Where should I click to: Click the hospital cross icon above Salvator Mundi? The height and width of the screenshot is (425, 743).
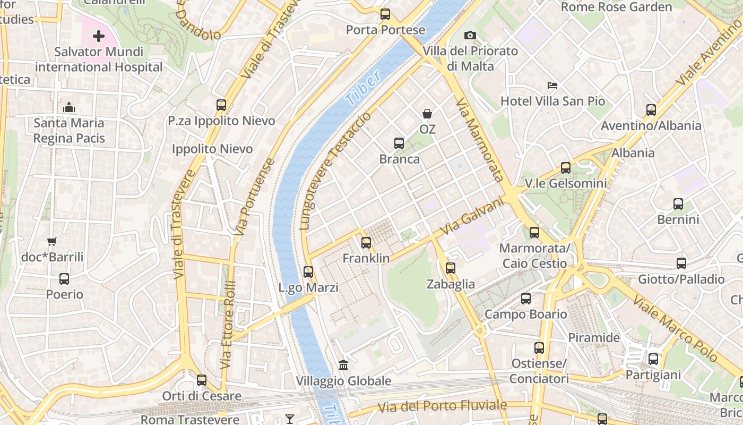(x=99, y=36)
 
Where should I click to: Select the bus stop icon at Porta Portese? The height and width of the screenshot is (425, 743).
(x=385, y=14)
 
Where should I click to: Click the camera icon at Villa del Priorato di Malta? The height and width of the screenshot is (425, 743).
(x=470, y=36)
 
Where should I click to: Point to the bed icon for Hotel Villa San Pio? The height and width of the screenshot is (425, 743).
(x=552, y=86)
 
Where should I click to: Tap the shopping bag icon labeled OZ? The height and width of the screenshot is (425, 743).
(x=427, y=114)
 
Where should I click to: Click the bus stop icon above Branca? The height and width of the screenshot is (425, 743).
(x=399, y=143)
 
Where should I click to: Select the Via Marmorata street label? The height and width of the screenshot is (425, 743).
(x=479, y=140)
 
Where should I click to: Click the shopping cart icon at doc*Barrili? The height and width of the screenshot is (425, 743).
(x=52, y=242)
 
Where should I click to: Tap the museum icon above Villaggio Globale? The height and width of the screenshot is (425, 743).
(x=343, y=365)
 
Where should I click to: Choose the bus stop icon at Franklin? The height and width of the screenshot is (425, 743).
(x=366, y=243)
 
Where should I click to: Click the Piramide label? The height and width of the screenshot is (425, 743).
(x=594, y=338)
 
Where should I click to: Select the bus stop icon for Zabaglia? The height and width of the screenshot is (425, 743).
(x=451, y=268)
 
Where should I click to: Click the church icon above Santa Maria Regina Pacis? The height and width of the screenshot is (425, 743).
(x=69, y=107)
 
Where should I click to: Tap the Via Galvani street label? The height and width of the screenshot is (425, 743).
(x=472, y=217)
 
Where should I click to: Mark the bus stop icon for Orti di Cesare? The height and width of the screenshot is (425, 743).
(x=202, y=380)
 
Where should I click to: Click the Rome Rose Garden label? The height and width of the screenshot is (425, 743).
(x=616, y=7)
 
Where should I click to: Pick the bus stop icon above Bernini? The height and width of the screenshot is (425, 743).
(x=678, y=204)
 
